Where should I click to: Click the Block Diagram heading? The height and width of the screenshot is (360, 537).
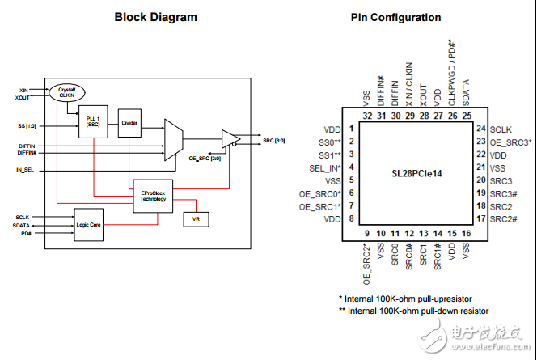156,17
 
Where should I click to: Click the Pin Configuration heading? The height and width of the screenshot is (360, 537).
395,17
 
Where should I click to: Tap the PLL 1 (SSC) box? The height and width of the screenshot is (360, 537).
93,122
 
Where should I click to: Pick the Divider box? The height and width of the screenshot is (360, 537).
129,124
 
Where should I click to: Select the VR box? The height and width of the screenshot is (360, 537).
195,220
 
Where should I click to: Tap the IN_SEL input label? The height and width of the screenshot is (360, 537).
24,171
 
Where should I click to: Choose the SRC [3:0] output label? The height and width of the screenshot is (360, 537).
273,141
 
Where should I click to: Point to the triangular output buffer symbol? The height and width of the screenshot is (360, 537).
231,139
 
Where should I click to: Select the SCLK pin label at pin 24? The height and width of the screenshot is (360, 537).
501,129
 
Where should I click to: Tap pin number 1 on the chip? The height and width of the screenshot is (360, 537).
351,129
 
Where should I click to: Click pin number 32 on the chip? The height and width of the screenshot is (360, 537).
367,115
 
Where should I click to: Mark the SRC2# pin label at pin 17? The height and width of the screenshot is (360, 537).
504,219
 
